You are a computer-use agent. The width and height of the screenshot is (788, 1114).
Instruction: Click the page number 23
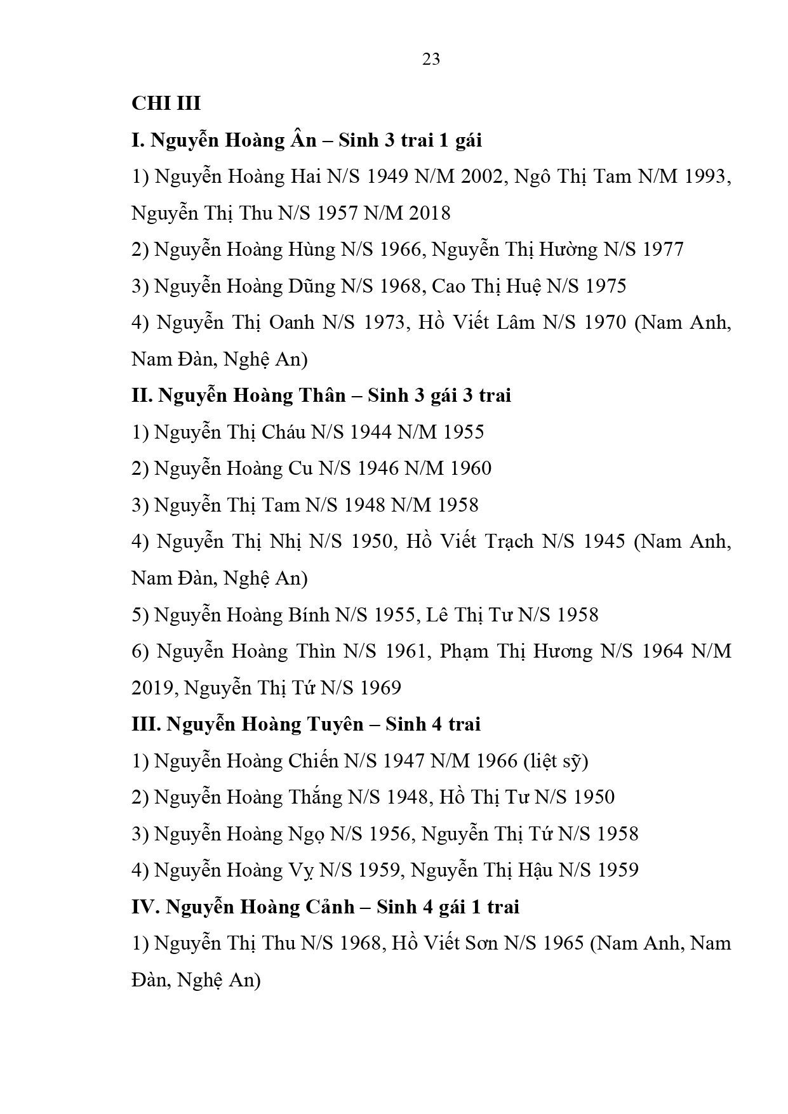click(431, 59)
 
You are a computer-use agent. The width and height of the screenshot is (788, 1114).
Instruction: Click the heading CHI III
click(166, 103)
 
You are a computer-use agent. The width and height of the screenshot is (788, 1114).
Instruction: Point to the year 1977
click(663, 249)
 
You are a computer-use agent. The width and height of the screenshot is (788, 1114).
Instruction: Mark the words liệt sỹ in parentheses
click(556, 760)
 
